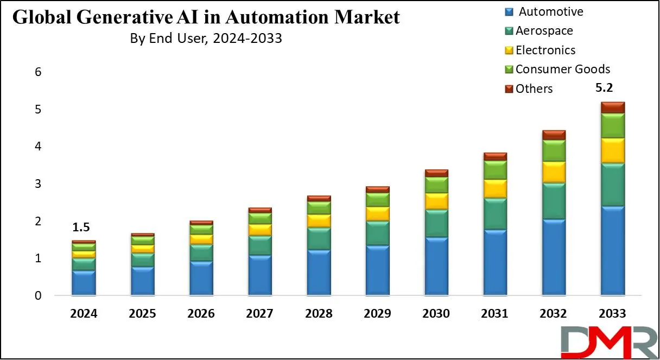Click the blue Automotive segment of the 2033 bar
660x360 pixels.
(612, 251)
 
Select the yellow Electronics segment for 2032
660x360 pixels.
(554, 172)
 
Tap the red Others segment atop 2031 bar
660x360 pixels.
(495, 156)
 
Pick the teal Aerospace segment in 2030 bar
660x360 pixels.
(436, 223)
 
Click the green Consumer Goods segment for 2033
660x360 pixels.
(612, 125)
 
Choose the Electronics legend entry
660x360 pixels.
(545, 50)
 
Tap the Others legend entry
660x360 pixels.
(534, 89)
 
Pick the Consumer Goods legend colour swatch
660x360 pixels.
(509, 70)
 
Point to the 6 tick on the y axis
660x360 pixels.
(37, 72)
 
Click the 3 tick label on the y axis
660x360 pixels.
(37, 184)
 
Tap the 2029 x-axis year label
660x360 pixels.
(377, 314)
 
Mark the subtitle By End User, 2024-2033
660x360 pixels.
(206, 39)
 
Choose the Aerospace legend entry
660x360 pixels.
(544, 30)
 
